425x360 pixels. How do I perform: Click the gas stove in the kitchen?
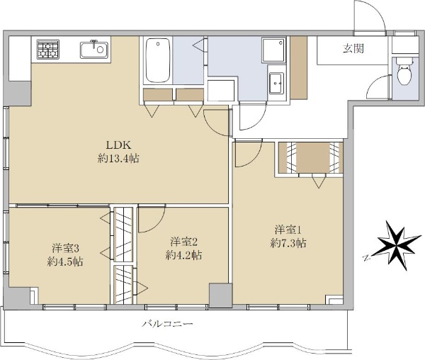click(48, 50)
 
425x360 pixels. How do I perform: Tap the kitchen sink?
click(94, 50)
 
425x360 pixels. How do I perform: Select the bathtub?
click(158, 60)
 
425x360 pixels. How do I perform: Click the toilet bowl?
click(404, 70)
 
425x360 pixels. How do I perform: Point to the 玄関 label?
click(353, 49)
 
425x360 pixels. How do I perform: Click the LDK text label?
click(118, 145)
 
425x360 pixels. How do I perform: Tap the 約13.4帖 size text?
click(118, 158)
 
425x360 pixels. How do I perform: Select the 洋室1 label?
click(288, 230)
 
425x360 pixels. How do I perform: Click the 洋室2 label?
click(183, 242)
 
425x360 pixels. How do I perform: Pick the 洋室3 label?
click(65, 248)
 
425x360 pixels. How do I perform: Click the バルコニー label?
click(168, 324)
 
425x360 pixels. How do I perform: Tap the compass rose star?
click(397, 245)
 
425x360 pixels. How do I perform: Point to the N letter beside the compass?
click(367, 257)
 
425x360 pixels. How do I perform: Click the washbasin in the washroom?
click(276, 83)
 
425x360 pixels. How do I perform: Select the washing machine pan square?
click(273, 50)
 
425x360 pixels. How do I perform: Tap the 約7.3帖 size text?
click(288, 243)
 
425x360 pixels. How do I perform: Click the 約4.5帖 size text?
click(65, 261)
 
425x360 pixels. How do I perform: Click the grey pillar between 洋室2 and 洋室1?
click(220, 296)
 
